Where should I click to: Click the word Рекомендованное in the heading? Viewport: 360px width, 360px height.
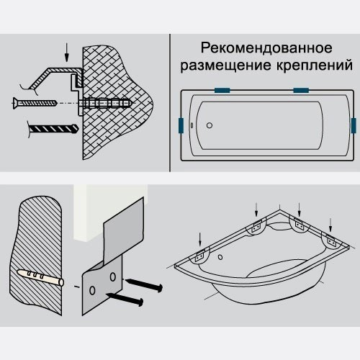point(266,48)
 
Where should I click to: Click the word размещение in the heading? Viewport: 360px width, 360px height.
point(226,66)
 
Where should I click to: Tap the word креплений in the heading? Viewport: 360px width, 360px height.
point(315,66)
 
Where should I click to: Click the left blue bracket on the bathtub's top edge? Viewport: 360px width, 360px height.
point(222,90)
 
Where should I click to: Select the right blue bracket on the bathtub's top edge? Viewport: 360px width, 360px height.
point(301,90)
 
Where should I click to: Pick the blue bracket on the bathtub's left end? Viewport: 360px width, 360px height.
point(181,125)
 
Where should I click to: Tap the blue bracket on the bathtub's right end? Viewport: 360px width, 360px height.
point(354,125)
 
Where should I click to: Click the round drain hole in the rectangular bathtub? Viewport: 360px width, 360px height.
point(210,125)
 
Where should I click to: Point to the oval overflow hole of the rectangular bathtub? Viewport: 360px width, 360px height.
point(192,125)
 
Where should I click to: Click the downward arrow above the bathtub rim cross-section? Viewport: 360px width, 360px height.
point(67,53)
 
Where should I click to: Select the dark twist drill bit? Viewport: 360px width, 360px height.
point(53,129)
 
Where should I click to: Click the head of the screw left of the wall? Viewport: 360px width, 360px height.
point(16,103)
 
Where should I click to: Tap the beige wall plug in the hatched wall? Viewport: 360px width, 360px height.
point(40,277)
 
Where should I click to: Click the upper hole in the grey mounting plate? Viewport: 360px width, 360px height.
point(113,276)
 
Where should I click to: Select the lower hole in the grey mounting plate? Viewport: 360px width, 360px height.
point(92,290)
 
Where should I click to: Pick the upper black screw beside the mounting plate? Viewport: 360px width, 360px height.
point(144,284)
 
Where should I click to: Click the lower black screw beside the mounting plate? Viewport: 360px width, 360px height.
point(125,299)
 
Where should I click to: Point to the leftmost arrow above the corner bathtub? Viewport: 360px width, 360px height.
point(199,240)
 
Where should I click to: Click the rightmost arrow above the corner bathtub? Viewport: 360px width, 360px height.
point(330,225)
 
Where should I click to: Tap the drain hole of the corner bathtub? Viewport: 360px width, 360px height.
point(220,257)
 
